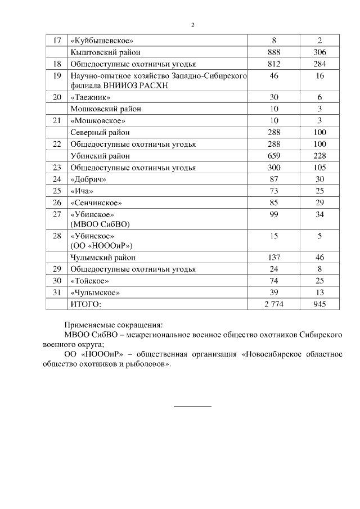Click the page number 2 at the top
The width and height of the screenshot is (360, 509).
192,25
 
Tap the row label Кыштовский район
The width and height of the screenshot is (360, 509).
106,52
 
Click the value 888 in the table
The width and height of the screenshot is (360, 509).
274,52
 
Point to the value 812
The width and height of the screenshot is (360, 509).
274,64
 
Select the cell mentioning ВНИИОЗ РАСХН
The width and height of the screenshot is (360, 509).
159,80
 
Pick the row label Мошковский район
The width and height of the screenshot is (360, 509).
106,109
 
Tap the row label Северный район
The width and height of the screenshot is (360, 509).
100,132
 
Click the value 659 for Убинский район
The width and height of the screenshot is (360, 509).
274,156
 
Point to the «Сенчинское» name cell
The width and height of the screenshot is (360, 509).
95,202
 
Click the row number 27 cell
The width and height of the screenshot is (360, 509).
56,214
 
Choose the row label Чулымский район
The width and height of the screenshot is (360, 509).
103,258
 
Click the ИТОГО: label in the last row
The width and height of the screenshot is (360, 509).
86,304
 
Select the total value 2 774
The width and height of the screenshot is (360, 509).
274,304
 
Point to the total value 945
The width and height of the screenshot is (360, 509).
319,304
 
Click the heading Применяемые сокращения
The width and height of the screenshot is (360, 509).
113,325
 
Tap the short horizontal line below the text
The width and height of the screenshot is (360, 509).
192,406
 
